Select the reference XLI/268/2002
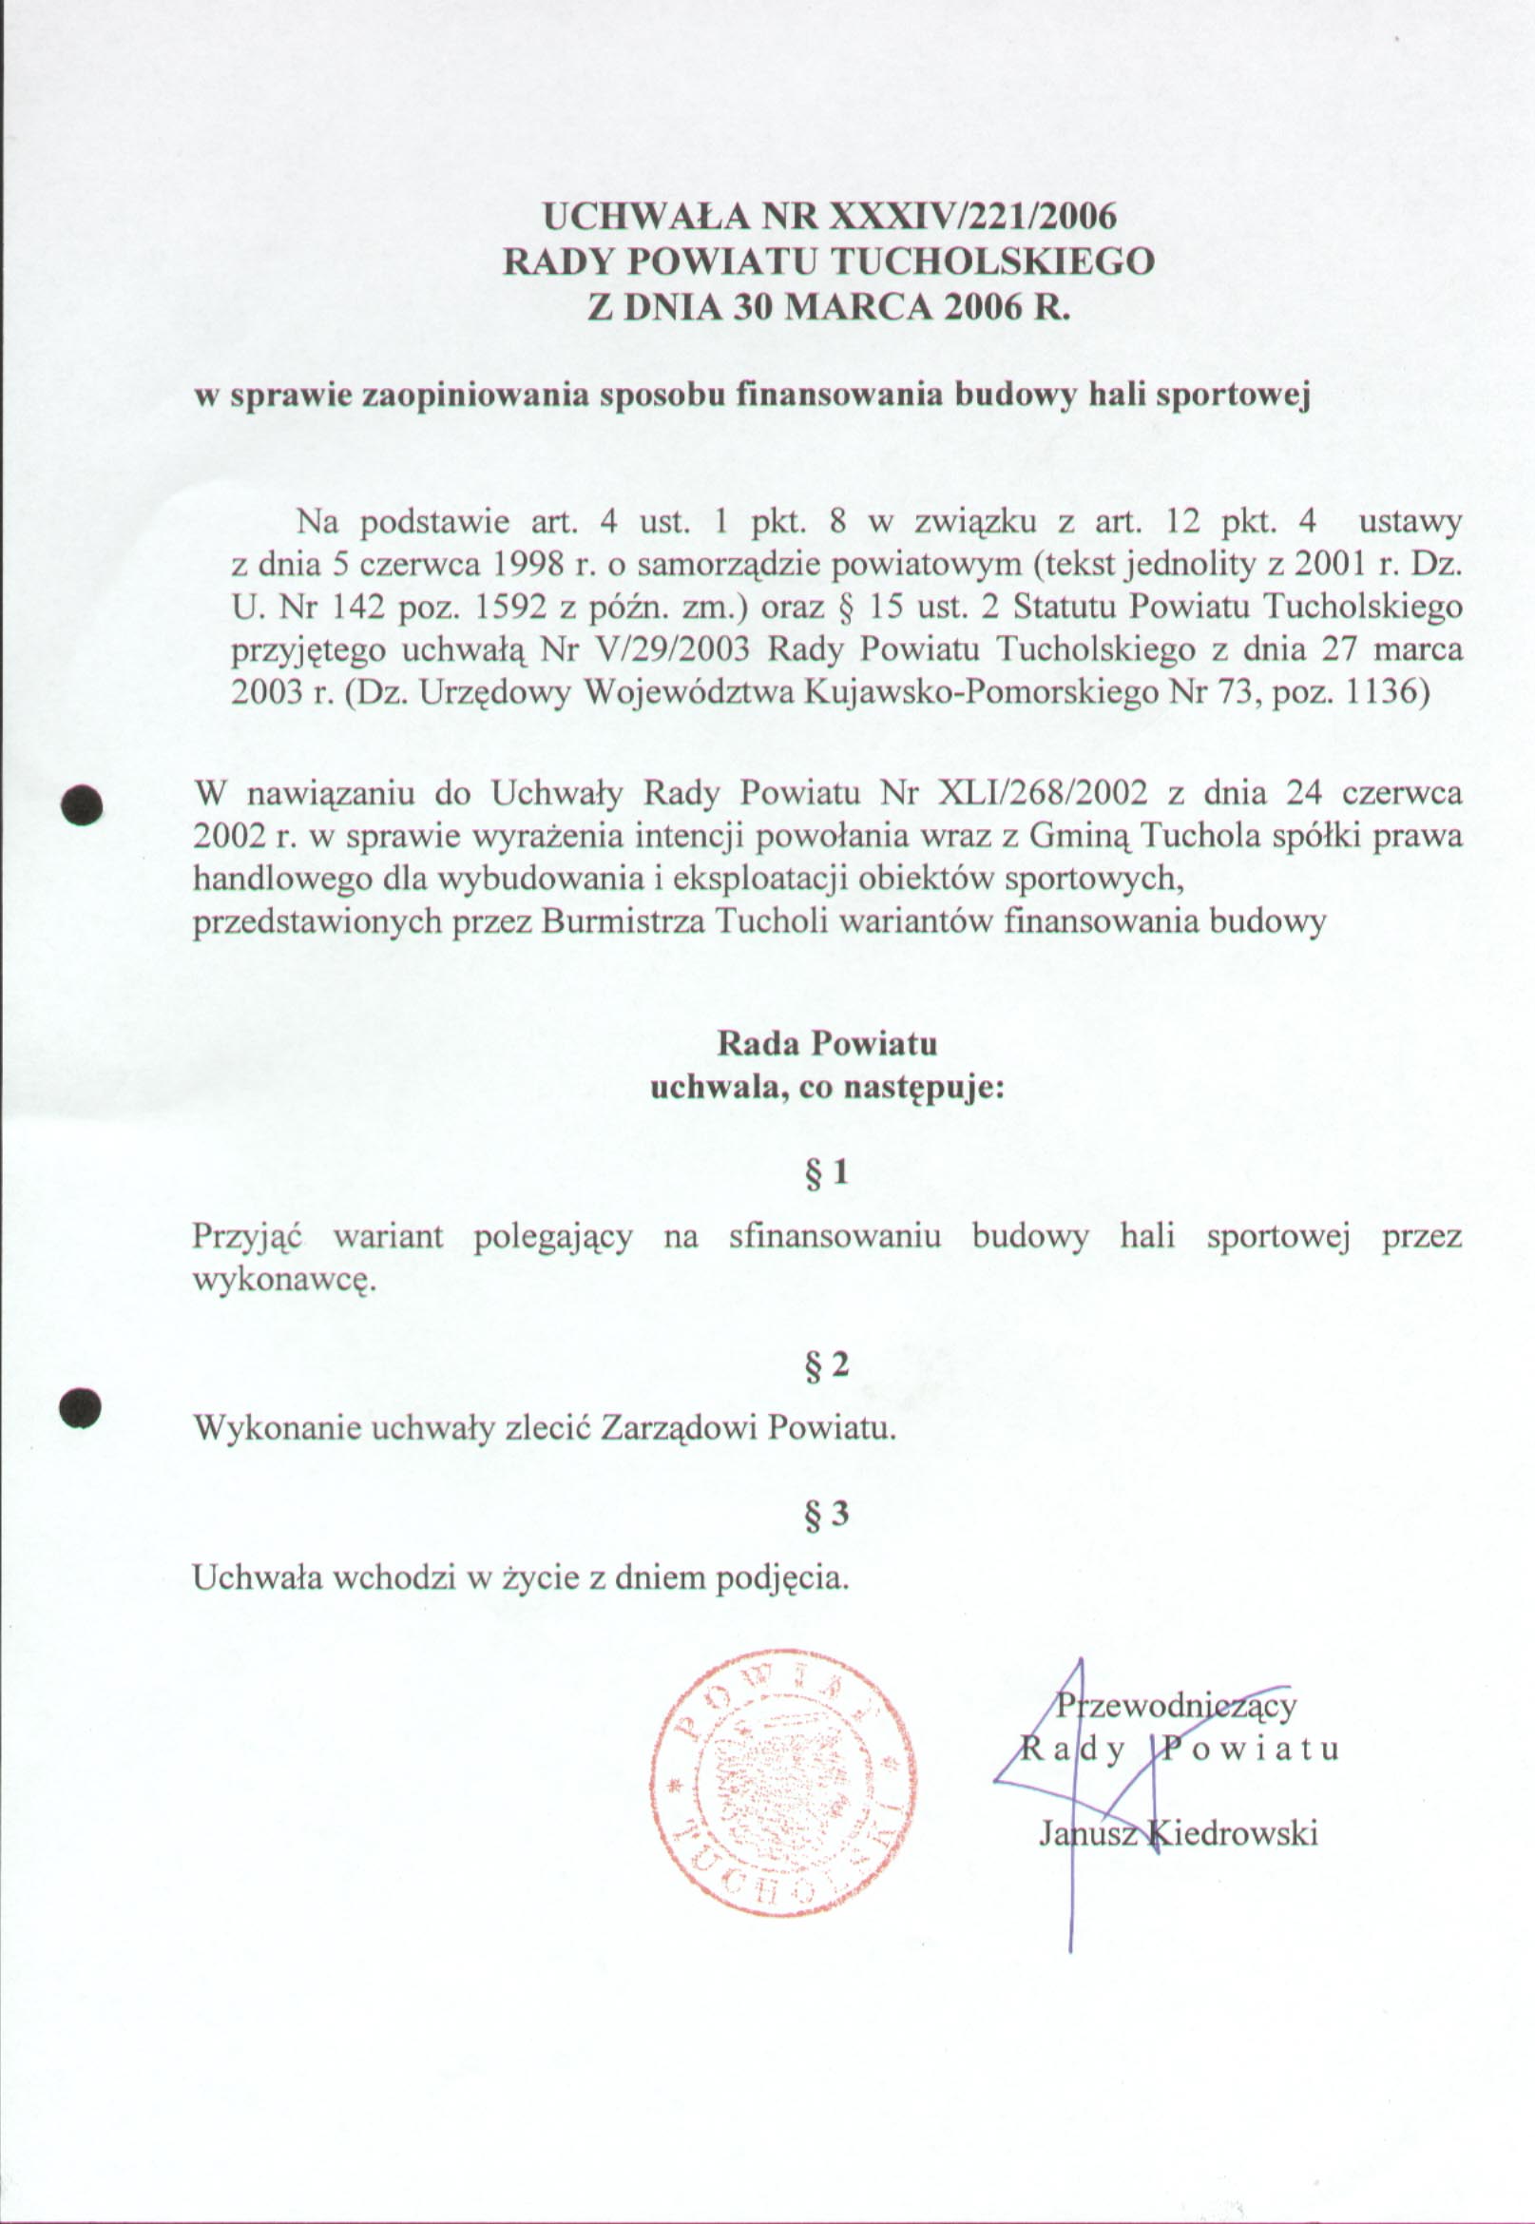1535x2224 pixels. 1042,794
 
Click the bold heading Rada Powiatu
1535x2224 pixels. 827,1043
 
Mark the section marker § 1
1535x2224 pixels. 827,1171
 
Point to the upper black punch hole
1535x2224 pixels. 82,803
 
